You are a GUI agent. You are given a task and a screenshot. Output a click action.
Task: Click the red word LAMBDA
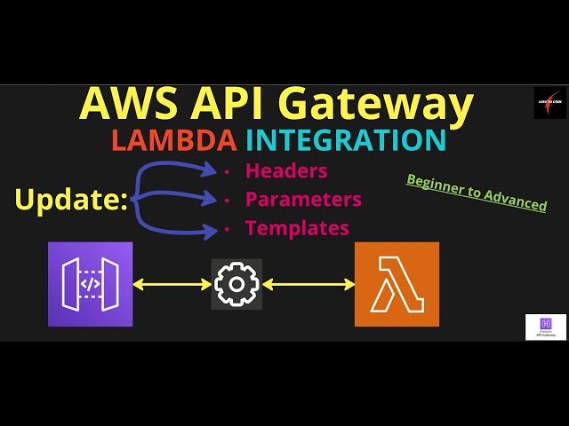pos(173,140)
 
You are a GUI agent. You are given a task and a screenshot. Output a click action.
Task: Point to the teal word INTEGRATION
pos(345,140)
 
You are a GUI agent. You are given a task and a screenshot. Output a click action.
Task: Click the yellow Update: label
pos(71,200)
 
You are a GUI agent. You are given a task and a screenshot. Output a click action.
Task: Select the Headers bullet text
pos(286,170)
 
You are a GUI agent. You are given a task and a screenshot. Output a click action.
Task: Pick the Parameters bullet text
pos(303,199)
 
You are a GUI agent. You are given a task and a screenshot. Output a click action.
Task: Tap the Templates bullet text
pos(297,228)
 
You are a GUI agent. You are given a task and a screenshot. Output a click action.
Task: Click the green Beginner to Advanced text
pos(477,192)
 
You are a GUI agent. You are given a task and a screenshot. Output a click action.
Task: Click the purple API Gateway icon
pos(90,284)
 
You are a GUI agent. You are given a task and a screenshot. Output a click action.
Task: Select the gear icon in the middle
pos(236,284)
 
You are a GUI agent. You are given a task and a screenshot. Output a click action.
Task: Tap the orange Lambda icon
pos(397,284)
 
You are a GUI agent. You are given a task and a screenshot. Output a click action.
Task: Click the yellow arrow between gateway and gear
pos(172,285)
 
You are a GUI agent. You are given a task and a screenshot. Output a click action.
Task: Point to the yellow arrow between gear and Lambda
pos(309,285)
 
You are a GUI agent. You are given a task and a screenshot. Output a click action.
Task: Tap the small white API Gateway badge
pos(545,326)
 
